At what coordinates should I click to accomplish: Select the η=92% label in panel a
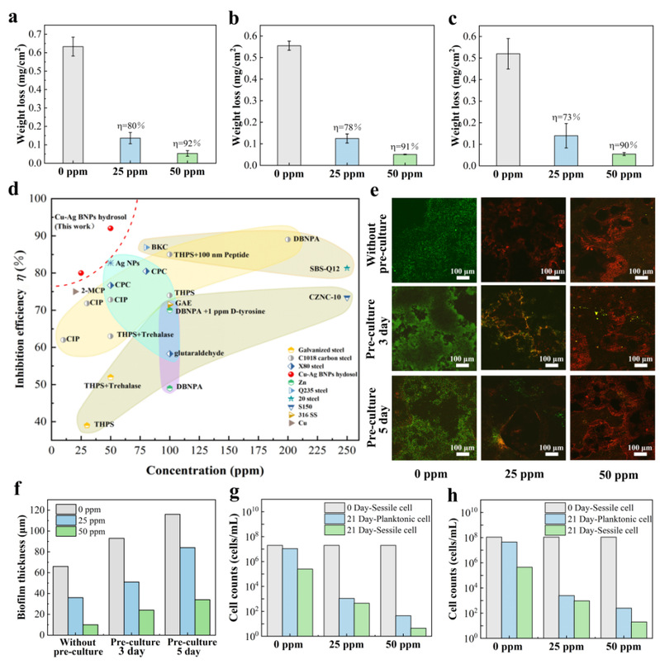click(188, 143)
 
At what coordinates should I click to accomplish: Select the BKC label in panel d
click(159, 247)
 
